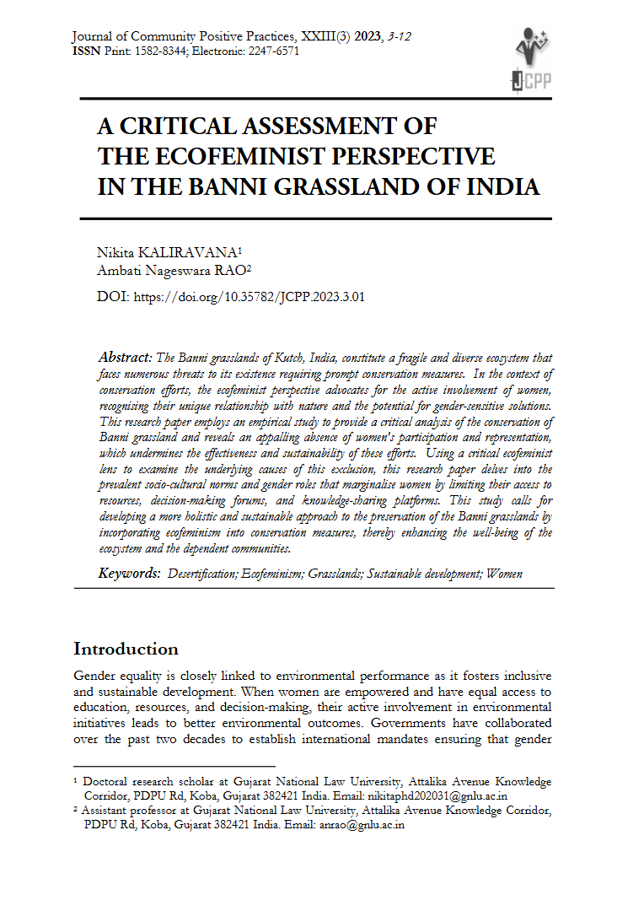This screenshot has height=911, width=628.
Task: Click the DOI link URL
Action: (249, 297)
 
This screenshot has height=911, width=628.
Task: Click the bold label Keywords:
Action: (130, 574)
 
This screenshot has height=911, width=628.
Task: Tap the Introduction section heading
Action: (126, 649)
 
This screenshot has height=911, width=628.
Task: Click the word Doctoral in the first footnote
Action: (106, 782)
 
